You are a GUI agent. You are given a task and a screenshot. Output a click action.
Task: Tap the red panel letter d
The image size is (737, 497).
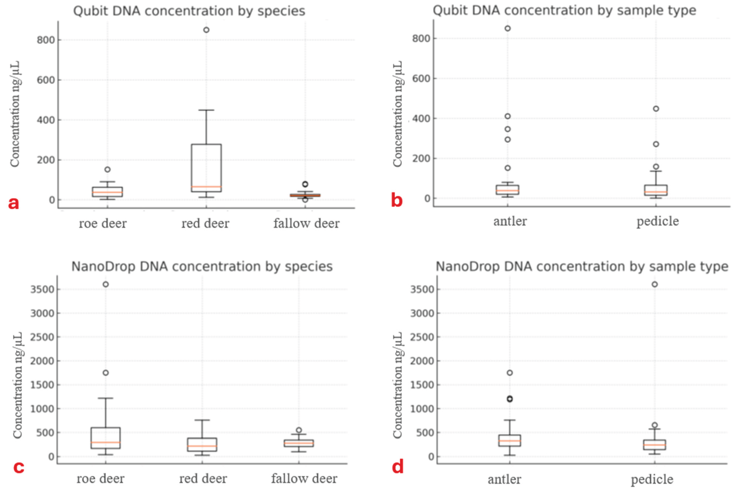[x=398, y=467]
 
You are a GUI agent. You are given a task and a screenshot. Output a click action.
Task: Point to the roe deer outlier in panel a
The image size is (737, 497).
[x=108, y=170]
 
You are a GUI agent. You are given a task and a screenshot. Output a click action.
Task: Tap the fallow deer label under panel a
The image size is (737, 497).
[x=306, y=223]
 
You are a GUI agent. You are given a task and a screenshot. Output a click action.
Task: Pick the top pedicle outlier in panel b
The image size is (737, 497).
[x=656, y=109]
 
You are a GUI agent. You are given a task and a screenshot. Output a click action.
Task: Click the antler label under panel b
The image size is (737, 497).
[x=510, y=221]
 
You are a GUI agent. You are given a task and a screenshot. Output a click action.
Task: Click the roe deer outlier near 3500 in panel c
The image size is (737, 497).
[x=106, y=284]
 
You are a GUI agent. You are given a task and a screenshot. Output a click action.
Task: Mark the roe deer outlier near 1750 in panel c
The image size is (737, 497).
[x=106, y=373]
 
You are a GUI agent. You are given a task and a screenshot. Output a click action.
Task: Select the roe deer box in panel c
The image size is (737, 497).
[x=106, y=438]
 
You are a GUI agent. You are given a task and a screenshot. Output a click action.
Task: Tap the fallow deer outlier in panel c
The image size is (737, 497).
[x=299, y=430]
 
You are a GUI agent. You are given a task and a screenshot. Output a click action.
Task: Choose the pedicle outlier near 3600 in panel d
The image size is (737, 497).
[x=655, y=284]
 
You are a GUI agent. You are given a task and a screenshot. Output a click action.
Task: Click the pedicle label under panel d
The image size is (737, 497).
[x=652, y=479]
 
